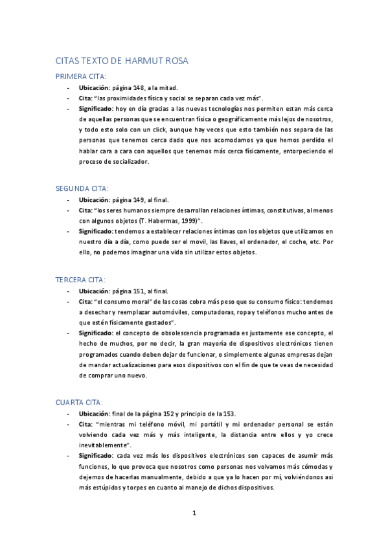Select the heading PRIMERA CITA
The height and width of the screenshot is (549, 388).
(x=82, y=76)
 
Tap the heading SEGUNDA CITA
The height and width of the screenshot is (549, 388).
(x=84, y=188)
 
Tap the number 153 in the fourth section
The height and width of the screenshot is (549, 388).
(x=231, y=413)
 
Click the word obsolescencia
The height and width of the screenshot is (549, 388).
(x=172, y=332)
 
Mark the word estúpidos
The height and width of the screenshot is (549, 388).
(x=105, y=488)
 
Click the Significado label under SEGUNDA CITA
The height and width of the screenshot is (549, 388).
(x=95, y=231)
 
